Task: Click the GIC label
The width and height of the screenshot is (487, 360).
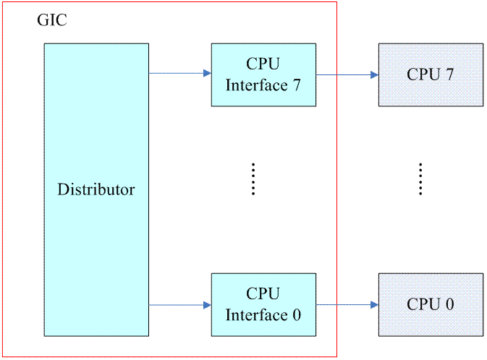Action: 51,20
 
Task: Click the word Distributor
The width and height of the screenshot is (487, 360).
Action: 96,190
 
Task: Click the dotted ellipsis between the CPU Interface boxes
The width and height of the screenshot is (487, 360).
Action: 253,179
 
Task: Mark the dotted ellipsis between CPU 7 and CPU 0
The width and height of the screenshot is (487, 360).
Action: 420,179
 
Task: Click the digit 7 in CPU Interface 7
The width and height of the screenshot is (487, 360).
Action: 296,85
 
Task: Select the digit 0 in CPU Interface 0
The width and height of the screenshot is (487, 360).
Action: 296,315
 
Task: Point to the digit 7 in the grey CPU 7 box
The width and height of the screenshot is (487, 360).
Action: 449,74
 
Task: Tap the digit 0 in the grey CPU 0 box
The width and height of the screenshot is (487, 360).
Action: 449,304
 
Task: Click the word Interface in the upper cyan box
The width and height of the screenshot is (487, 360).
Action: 256,85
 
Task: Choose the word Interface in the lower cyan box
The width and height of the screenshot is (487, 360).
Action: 256,315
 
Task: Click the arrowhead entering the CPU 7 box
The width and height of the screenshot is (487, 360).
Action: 374,74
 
